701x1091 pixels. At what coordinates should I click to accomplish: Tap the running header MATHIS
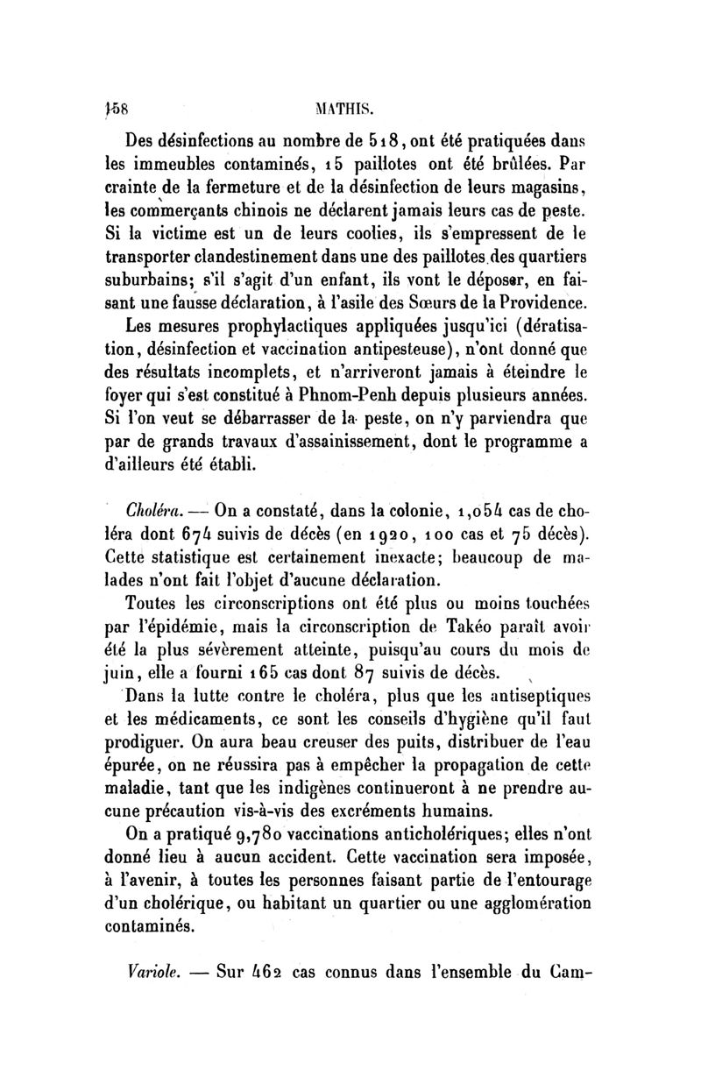[x=350, y=110]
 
